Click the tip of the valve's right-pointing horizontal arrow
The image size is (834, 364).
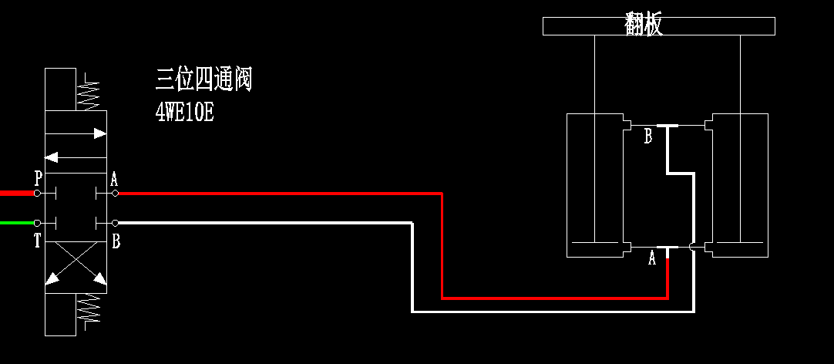click(x=106, y=133)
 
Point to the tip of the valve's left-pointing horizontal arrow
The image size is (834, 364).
click(x=45, y=157)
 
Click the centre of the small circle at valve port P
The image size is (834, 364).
click(x=37, y=193)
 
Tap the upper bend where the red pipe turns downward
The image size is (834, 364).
click(x=442, y=194)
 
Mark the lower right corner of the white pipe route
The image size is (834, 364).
click(x=694, y=312)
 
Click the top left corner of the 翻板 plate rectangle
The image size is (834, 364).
click(x=543, y=18)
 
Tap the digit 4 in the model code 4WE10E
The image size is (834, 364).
click(x=160, y=113)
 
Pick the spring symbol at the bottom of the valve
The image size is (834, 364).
click(x=89, y=309)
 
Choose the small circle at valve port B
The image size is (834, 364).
click(x=115, y=223)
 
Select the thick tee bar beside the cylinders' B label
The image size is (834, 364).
click(x=668, y=126)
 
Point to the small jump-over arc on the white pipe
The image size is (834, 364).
click(x=691, y=246)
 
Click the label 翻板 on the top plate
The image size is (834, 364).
click(x=644, y=25)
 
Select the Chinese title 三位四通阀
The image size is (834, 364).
click(x=203, y=80)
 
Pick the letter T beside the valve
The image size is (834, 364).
click(x=37, y=241)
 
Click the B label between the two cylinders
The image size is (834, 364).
click(x=647, y=136)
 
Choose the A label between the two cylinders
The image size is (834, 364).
click(x=652, y=259)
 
